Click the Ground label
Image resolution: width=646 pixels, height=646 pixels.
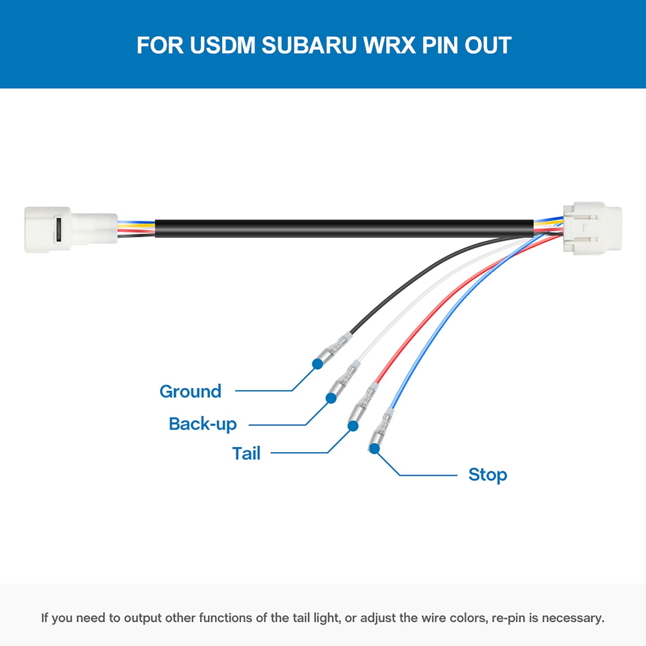click(190, 392)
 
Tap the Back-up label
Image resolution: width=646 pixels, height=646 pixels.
click(203, 424)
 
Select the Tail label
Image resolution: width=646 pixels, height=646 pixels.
click(246, 453)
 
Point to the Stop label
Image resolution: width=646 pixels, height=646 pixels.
click(488, 475)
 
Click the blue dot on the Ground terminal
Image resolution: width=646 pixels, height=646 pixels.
click(317, 364)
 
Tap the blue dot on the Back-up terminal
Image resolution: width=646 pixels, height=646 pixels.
click(331, 398)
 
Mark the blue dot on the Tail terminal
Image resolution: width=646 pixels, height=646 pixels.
click(353, 426)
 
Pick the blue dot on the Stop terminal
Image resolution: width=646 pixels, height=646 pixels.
click(375, 448)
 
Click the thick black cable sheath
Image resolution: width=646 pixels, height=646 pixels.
click(344, 228)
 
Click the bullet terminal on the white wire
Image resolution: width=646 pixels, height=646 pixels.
click(346, 378)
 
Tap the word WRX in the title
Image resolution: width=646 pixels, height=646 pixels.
click(389, 45)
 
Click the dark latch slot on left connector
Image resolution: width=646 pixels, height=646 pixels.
click(58, 229)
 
